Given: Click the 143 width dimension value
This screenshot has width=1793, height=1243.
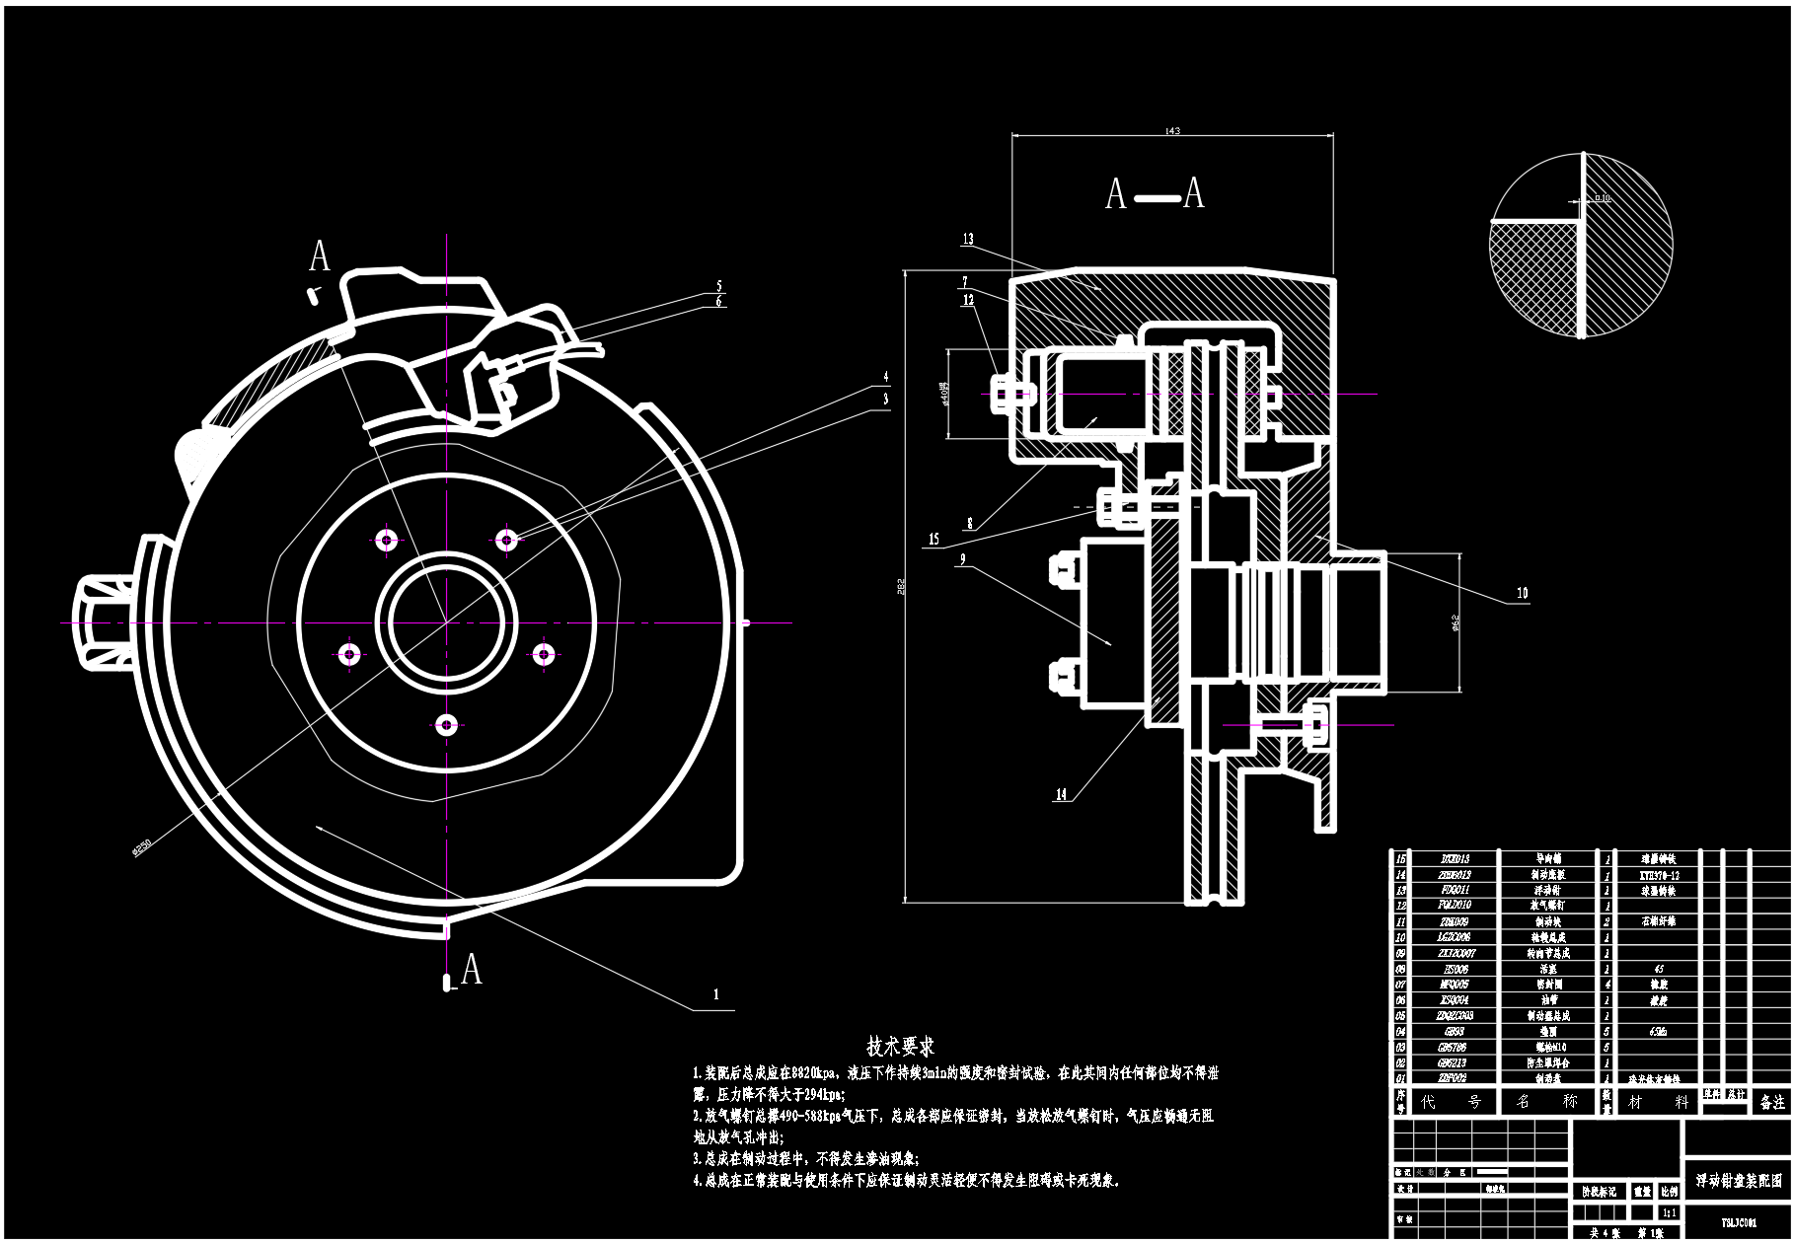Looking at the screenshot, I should [1172, 130].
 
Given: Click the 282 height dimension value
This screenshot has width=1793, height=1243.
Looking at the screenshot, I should [900, 586].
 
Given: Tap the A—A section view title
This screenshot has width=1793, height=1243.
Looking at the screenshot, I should [1155, 194].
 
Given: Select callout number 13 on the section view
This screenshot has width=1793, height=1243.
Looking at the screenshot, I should [968, 240].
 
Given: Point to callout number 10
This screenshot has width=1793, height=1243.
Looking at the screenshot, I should [1522, 593].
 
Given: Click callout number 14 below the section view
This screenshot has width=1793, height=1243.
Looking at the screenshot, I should [1062, 794].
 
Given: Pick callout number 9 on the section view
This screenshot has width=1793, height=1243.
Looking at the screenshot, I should [962, 560].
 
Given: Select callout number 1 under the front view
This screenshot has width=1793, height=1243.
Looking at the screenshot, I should [716, 994].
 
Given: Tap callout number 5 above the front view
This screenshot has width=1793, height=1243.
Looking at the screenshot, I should [719, 287].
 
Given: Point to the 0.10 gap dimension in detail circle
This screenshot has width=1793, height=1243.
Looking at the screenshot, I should [1602, 198].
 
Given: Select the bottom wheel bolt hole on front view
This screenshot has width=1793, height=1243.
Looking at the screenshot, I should [447, 726].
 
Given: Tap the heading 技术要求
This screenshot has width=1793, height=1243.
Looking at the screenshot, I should [900, 1046].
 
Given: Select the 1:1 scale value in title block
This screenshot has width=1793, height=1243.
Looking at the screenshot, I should [1669, 1213].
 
